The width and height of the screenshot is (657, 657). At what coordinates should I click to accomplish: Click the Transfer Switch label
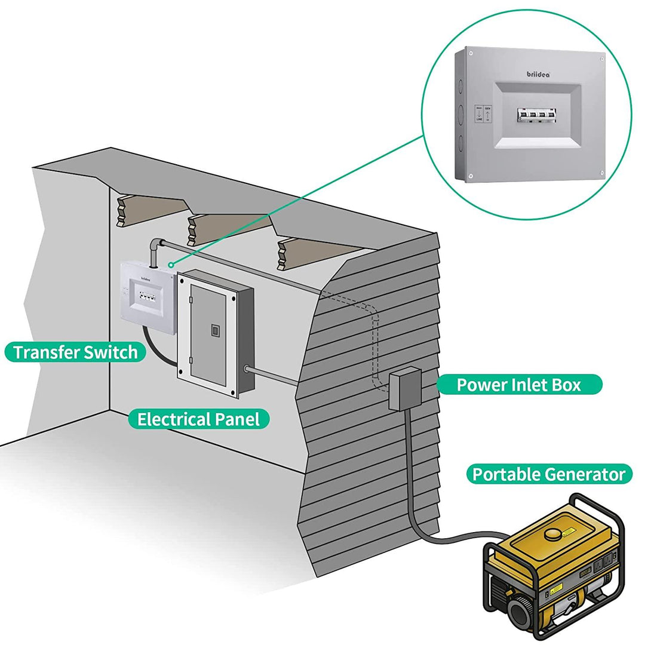tap(75, 352)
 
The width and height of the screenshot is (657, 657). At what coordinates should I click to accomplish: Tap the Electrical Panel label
tap(198, 419)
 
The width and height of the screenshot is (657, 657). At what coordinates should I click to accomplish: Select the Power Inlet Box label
tap(518, 385)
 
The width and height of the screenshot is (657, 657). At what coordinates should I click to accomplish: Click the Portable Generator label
tap(548, 475)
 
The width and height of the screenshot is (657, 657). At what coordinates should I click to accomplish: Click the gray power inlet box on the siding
tap(405, 389)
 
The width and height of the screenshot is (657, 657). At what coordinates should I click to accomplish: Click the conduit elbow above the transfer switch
tap(156, 245)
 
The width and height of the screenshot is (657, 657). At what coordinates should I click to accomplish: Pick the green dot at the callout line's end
tap(171, 264)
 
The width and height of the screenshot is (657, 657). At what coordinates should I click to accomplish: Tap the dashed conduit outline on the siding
tap(376, 340)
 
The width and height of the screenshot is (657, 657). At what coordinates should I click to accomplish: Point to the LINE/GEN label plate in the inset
tap(483, 113)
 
